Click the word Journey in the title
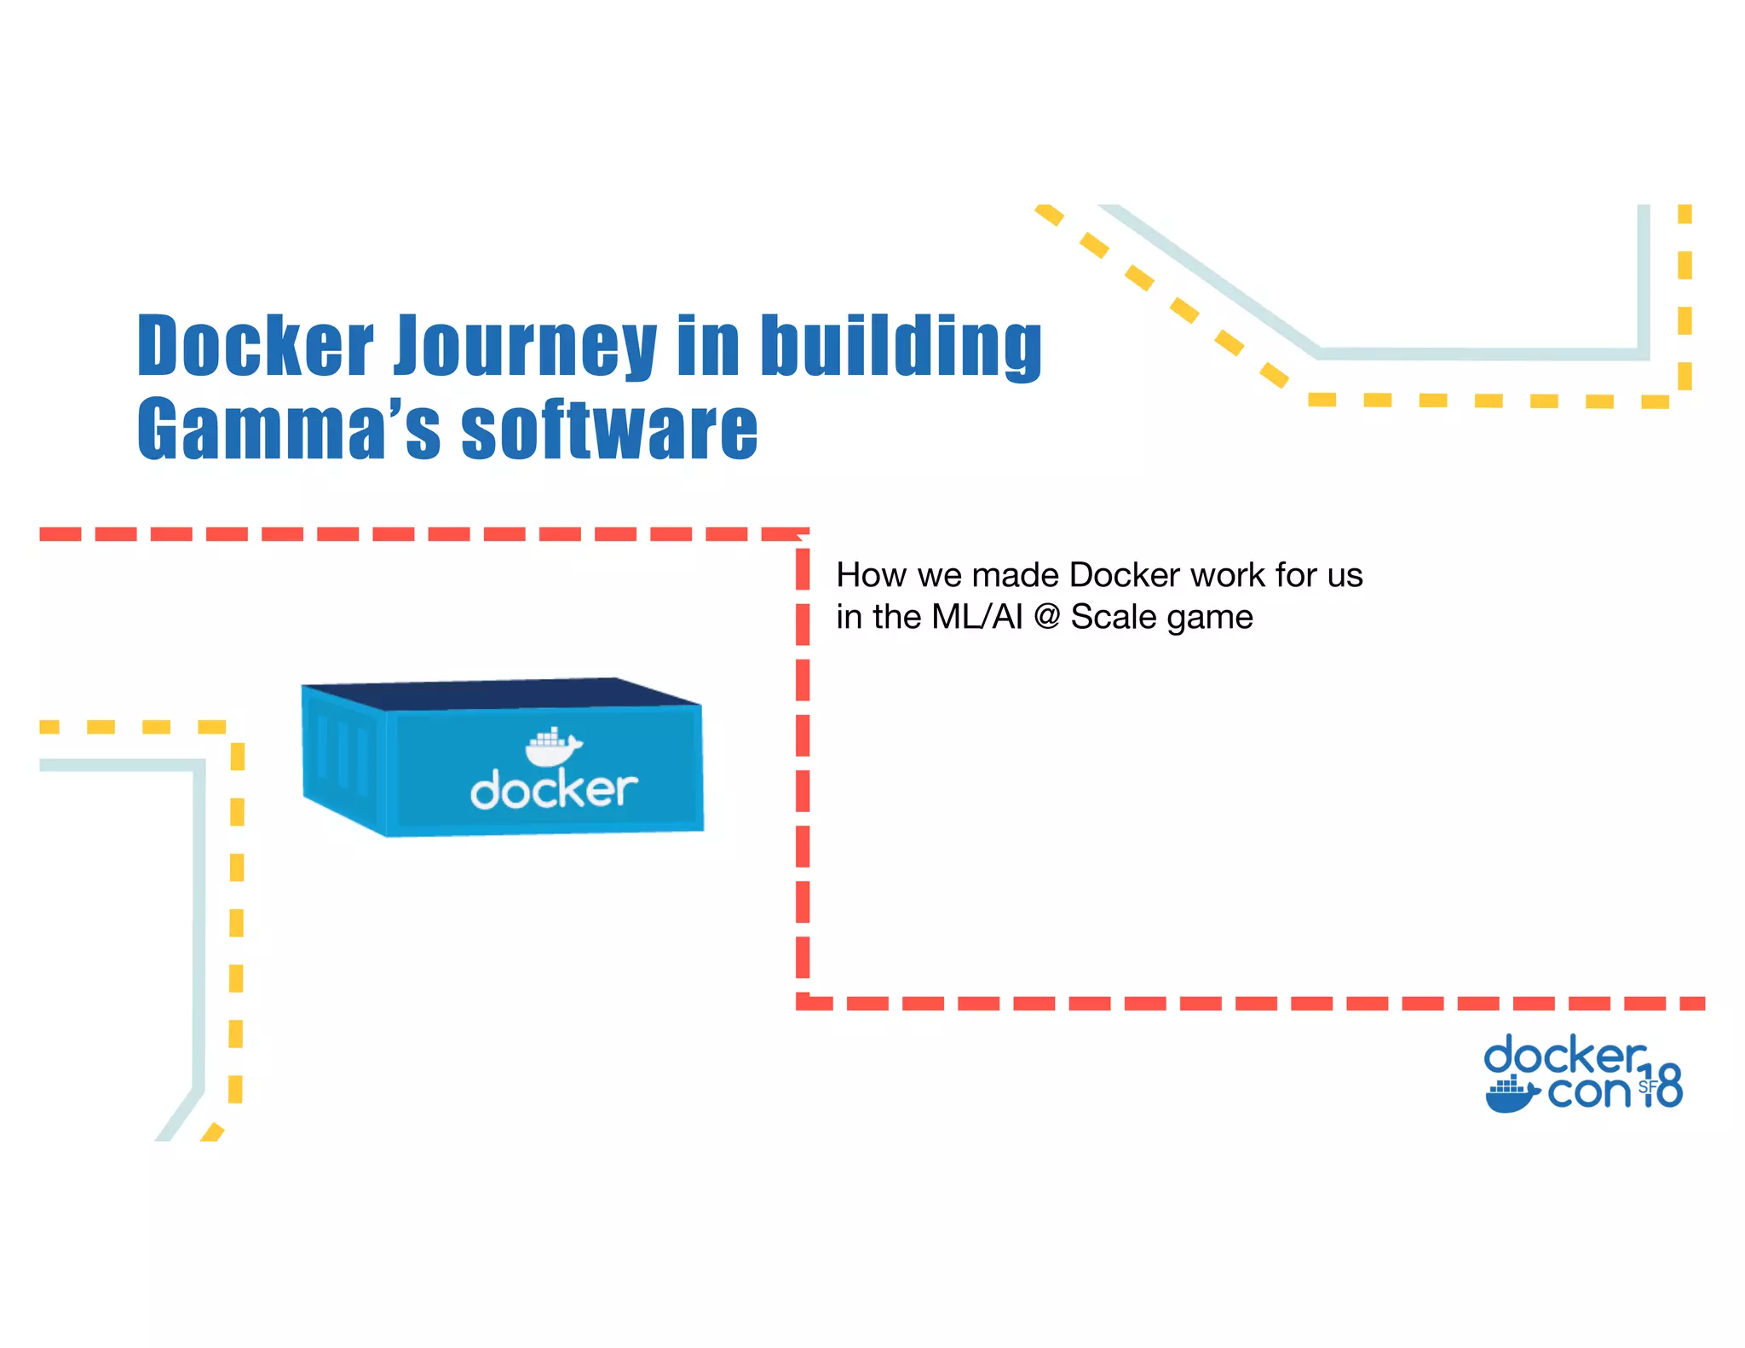click(525, 347)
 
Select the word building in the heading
click(901, 347)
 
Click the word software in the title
click(608, 429)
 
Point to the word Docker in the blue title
click(255, 347)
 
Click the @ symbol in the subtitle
click(1046, 617)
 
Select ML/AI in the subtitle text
click(976, 617)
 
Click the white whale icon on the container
click(552, 747)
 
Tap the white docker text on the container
click(554, 790)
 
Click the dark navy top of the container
click(503, 693)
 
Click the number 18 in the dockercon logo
click(1661, 1086)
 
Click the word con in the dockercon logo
click(1588, 1092)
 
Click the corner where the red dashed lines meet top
click(802, 535)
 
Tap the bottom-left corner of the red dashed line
click(803, 1003)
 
